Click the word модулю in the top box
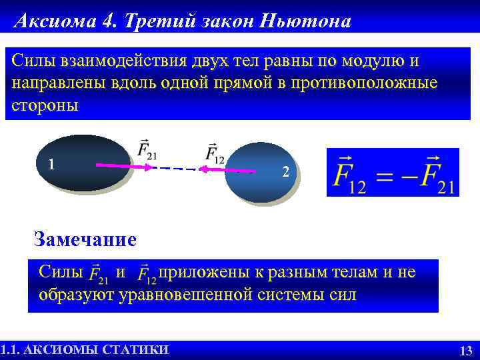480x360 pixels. pos(369,61)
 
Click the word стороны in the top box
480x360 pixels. pos(45,106)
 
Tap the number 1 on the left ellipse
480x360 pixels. pos(51,163)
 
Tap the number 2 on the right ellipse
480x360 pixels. pos(285,172)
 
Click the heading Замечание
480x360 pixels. pos(85,239)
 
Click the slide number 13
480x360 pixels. pos(466,351)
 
